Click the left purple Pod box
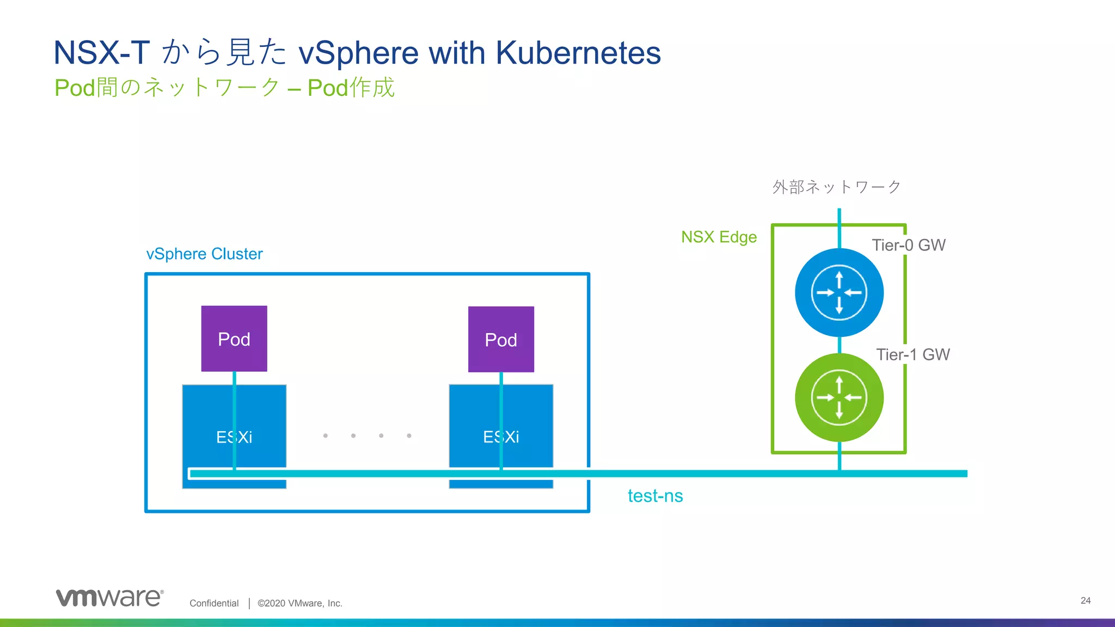[234, 339]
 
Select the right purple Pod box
[501, 339]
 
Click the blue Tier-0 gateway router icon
[839, 292]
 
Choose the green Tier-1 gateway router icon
[839, 397]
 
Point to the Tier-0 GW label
[909, 245]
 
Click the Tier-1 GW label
[913, 354]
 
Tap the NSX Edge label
[719, 237]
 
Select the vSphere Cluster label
[204, 254]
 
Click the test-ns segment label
[655, 496]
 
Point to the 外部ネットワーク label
[836, 187]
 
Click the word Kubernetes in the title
[578, 53]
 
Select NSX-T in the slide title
[102, 53]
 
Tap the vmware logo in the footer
[109, 598]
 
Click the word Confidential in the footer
[214, 603]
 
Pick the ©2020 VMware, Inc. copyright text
[300, 603]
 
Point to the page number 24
[1085, 600]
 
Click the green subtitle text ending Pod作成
[224, 88]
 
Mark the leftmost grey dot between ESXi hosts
[326, 435]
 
